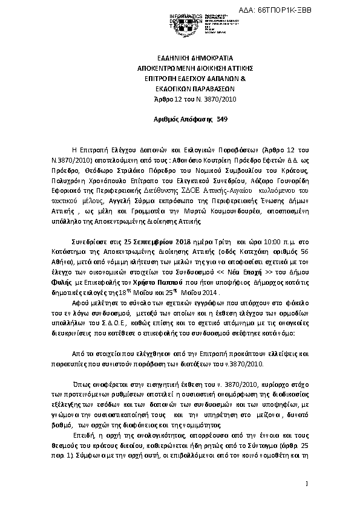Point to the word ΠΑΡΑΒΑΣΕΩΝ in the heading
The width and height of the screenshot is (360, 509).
[200, 89]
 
